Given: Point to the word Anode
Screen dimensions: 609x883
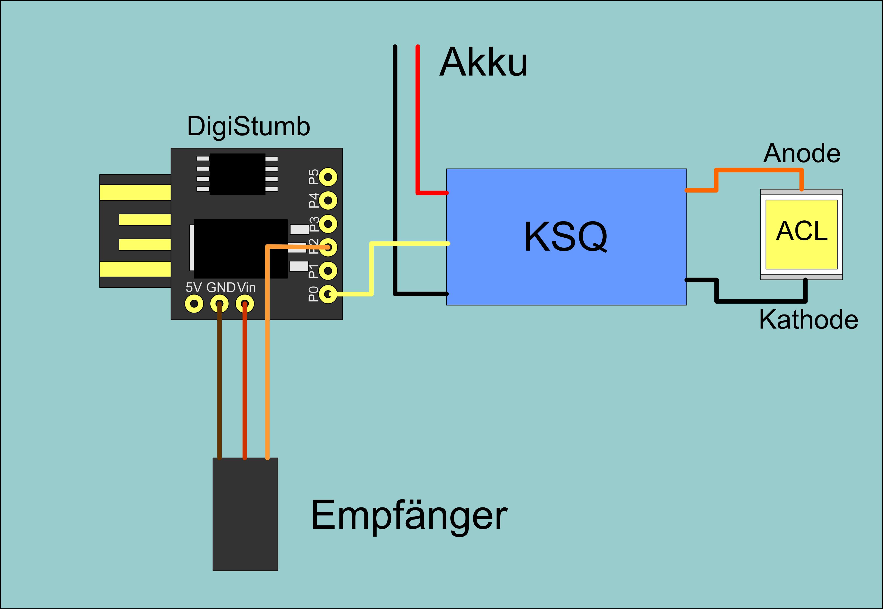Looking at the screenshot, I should coord(802,153).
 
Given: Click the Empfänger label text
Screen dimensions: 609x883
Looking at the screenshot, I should coord(409,515).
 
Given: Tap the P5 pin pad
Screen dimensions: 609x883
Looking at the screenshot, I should coord(328,177).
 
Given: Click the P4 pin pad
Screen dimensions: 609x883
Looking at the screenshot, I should coord(328,200).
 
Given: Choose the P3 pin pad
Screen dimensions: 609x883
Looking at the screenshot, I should coord(328,224).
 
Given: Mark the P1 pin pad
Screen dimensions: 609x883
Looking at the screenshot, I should coord(328,271).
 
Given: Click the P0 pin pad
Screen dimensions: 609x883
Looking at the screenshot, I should coord(328,294).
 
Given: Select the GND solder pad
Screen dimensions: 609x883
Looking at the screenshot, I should coord(219,304).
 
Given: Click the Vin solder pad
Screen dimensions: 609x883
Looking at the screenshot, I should coord(245,304).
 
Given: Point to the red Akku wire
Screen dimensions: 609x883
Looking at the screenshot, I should coord(418,115).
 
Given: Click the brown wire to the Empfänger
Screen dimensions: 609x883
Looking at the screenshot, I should coord(219,382).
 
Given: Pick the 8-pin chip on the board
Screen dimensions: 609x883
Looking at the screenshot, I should coord(237,174).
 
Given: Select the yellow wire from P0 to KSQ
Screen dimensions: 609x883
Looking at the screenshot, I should coord(371,267).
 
